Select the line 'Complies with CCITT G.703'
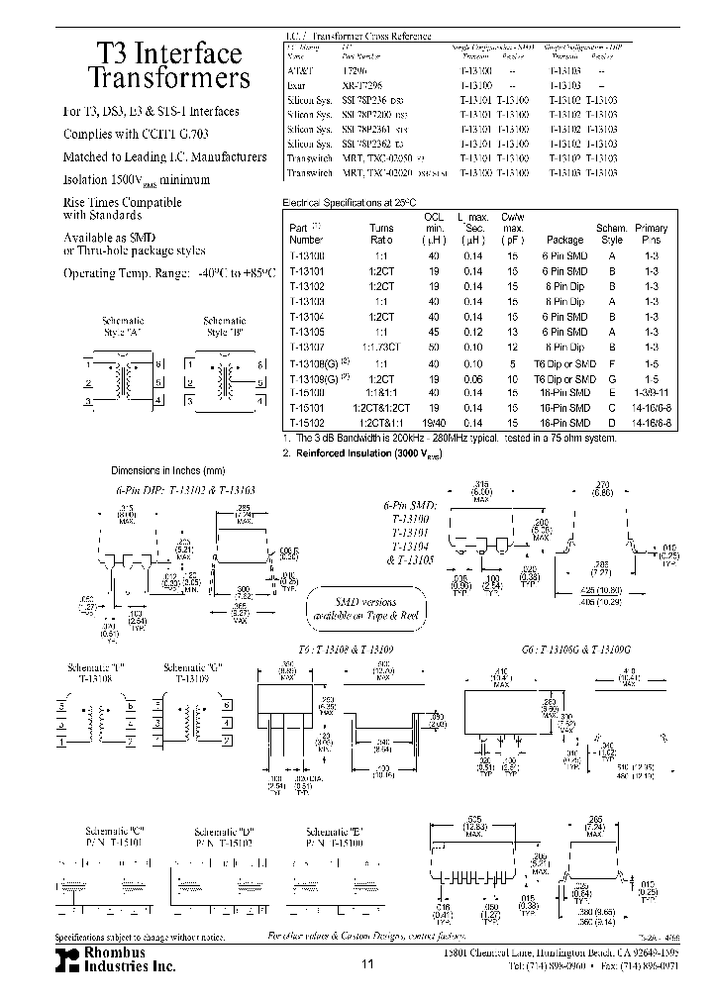click(x=136, y=134)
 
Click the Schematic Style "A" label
click(x=124, y=326)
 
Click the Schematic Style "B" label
click(x=224, y=326)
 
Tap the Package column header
click(x=564, y=239)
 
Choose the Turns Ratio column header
click(x=381, y=234)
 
